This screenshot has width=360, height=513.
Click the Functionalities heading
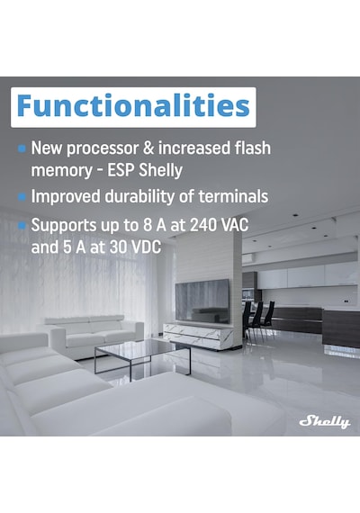click(x=133, y=105)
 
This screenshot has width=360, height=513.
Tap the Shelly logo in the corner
click(x=325, y=421)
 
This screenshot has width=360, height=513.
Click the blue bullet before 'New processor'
click(x=22, y=148)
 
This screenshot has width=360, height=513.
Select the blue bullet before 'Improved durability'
click(x=22, y=197)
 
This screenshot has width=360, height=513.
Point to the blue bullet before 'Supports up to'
click(x=22, y=225)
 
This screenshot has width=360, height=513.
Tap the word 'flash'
click(x=253, y=148)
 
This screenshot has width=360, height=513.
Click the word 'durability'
click(x=139, y=197)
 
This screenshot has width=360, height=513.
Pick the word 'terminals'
click(x=233, y=196)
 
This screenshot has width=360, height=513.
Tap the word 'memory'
click(x=62, y=171)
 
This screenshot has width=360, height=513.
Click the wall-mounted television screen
click(x=202, y=301)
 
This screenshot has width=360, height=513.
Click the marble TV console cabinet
click(x=198, y=336)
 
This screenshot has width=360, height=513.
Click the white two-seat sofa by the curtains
click(x=94, y=336)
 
